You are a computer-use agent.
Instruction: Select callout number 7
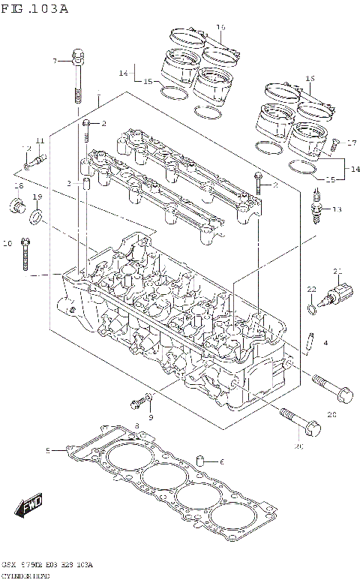pos(54,60)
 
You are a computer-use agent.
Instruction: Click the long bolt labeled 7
pos(77,76)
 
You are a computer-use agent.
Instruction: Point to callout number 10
pos(7,243)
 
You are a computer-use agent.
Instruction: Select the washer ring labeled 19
pos(36,218)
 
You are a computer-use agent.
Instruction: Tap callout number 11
pos(39,141)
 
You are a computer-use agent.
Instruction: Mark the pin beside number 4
pos(309,341)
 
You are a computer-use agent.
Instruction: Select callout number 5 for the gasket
pos(47,450)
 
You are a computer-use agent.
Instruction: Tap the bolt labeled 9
pos(137,403)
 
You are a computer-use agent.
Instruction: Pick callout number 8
pos(136,426)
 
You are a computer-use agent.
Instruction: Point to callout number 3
pos(68,182)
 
